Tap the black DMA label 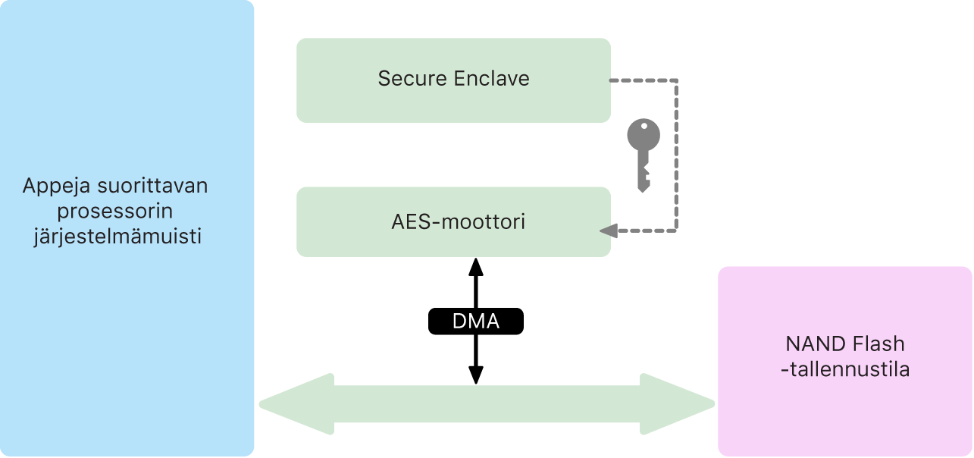point(476,322)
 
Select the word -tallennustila point(845,370)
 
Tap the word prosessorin point(115,211)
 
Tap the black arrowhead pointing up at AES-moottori point(476,266)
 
